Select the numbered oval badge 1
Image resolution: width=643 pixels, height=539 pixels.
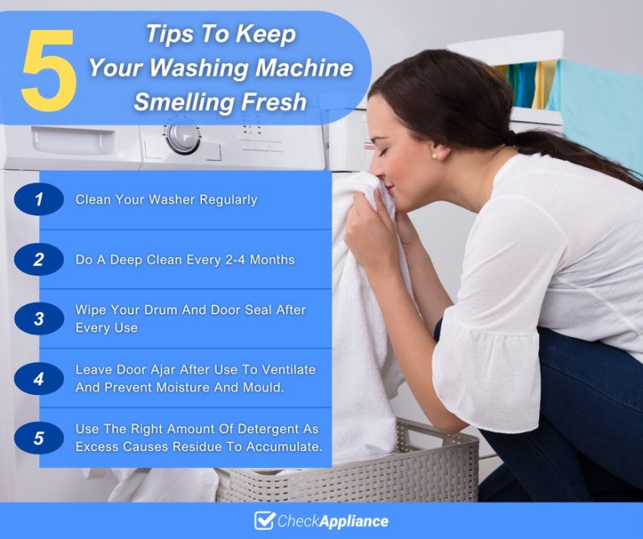(39, 200)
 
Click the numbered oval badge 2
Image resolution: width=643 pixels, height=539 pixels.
(39, 259)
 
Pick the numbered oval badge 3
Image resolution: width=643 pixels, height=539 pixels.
(39, 319)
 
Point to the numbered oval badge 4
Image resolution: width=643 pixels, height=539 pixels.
(39, 378)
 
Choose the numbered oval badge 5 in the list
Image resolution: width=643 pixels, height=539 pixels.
(39, 438)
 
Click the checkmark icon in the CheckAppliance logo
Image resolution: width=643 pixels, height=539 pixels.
(265, 521)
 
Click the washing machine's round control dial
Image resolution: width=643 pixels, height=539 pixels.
(183, 136)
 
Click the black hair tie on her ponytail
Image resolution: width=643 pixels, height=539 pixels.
(510, 137)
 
